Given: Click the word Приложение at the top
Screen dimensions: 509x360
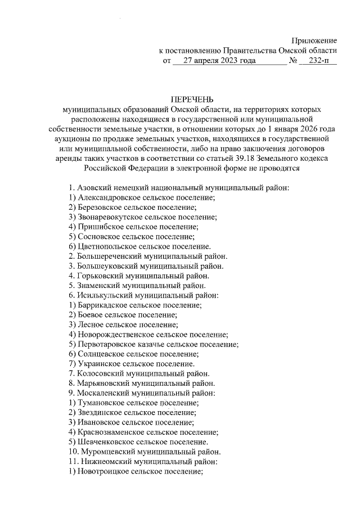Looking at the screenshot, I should (314, 40).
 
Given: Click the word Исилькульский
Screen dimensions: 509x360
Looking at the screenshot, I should (103, 295).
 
